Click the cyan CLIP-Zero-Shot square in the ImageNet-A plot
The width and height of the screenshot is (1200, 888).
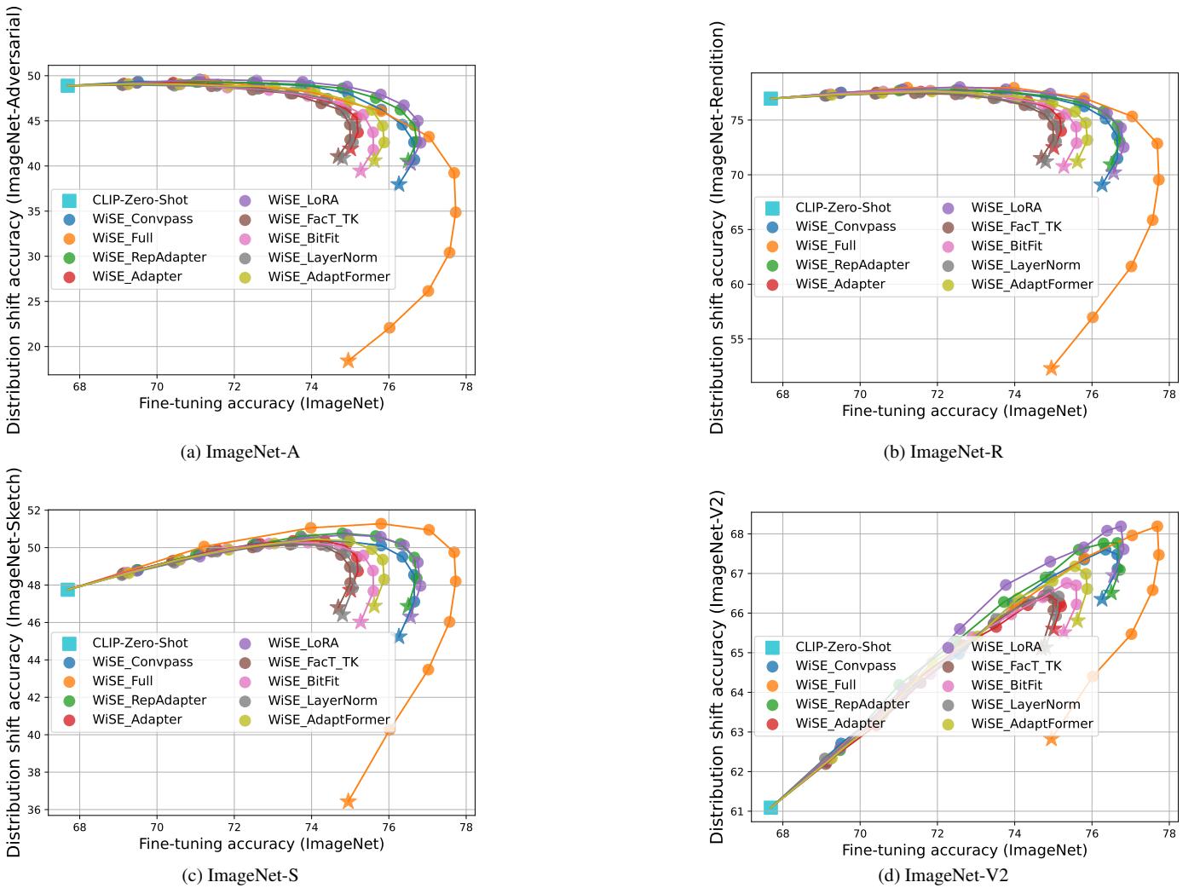point(67,85)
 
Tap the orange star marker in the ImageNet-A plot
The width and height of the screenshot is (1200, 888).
point(348,360)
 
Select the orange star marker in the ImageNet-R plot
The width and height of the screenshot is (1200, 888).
point(1051,368)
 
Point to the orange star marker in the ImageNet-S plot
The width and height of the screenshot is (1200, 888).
point(348,801)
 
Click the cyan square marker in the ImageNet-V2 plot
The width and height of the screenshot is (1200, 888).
point(770,807)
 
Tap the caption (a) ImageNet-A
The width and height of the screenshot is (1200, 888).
point(240,452)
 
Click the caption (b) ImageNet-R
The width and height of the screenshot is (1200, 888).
point(943,452)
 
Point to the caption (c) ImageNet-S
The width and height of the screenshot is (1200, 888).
point(240,875)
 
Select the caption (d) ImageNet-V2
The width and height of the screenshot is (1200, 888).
point(943,875)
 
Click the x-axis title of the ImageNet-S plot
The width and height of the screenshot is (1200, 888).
point(262,845)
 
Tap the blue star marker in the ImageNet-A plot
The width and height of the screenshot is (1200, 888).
point(398,184)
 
